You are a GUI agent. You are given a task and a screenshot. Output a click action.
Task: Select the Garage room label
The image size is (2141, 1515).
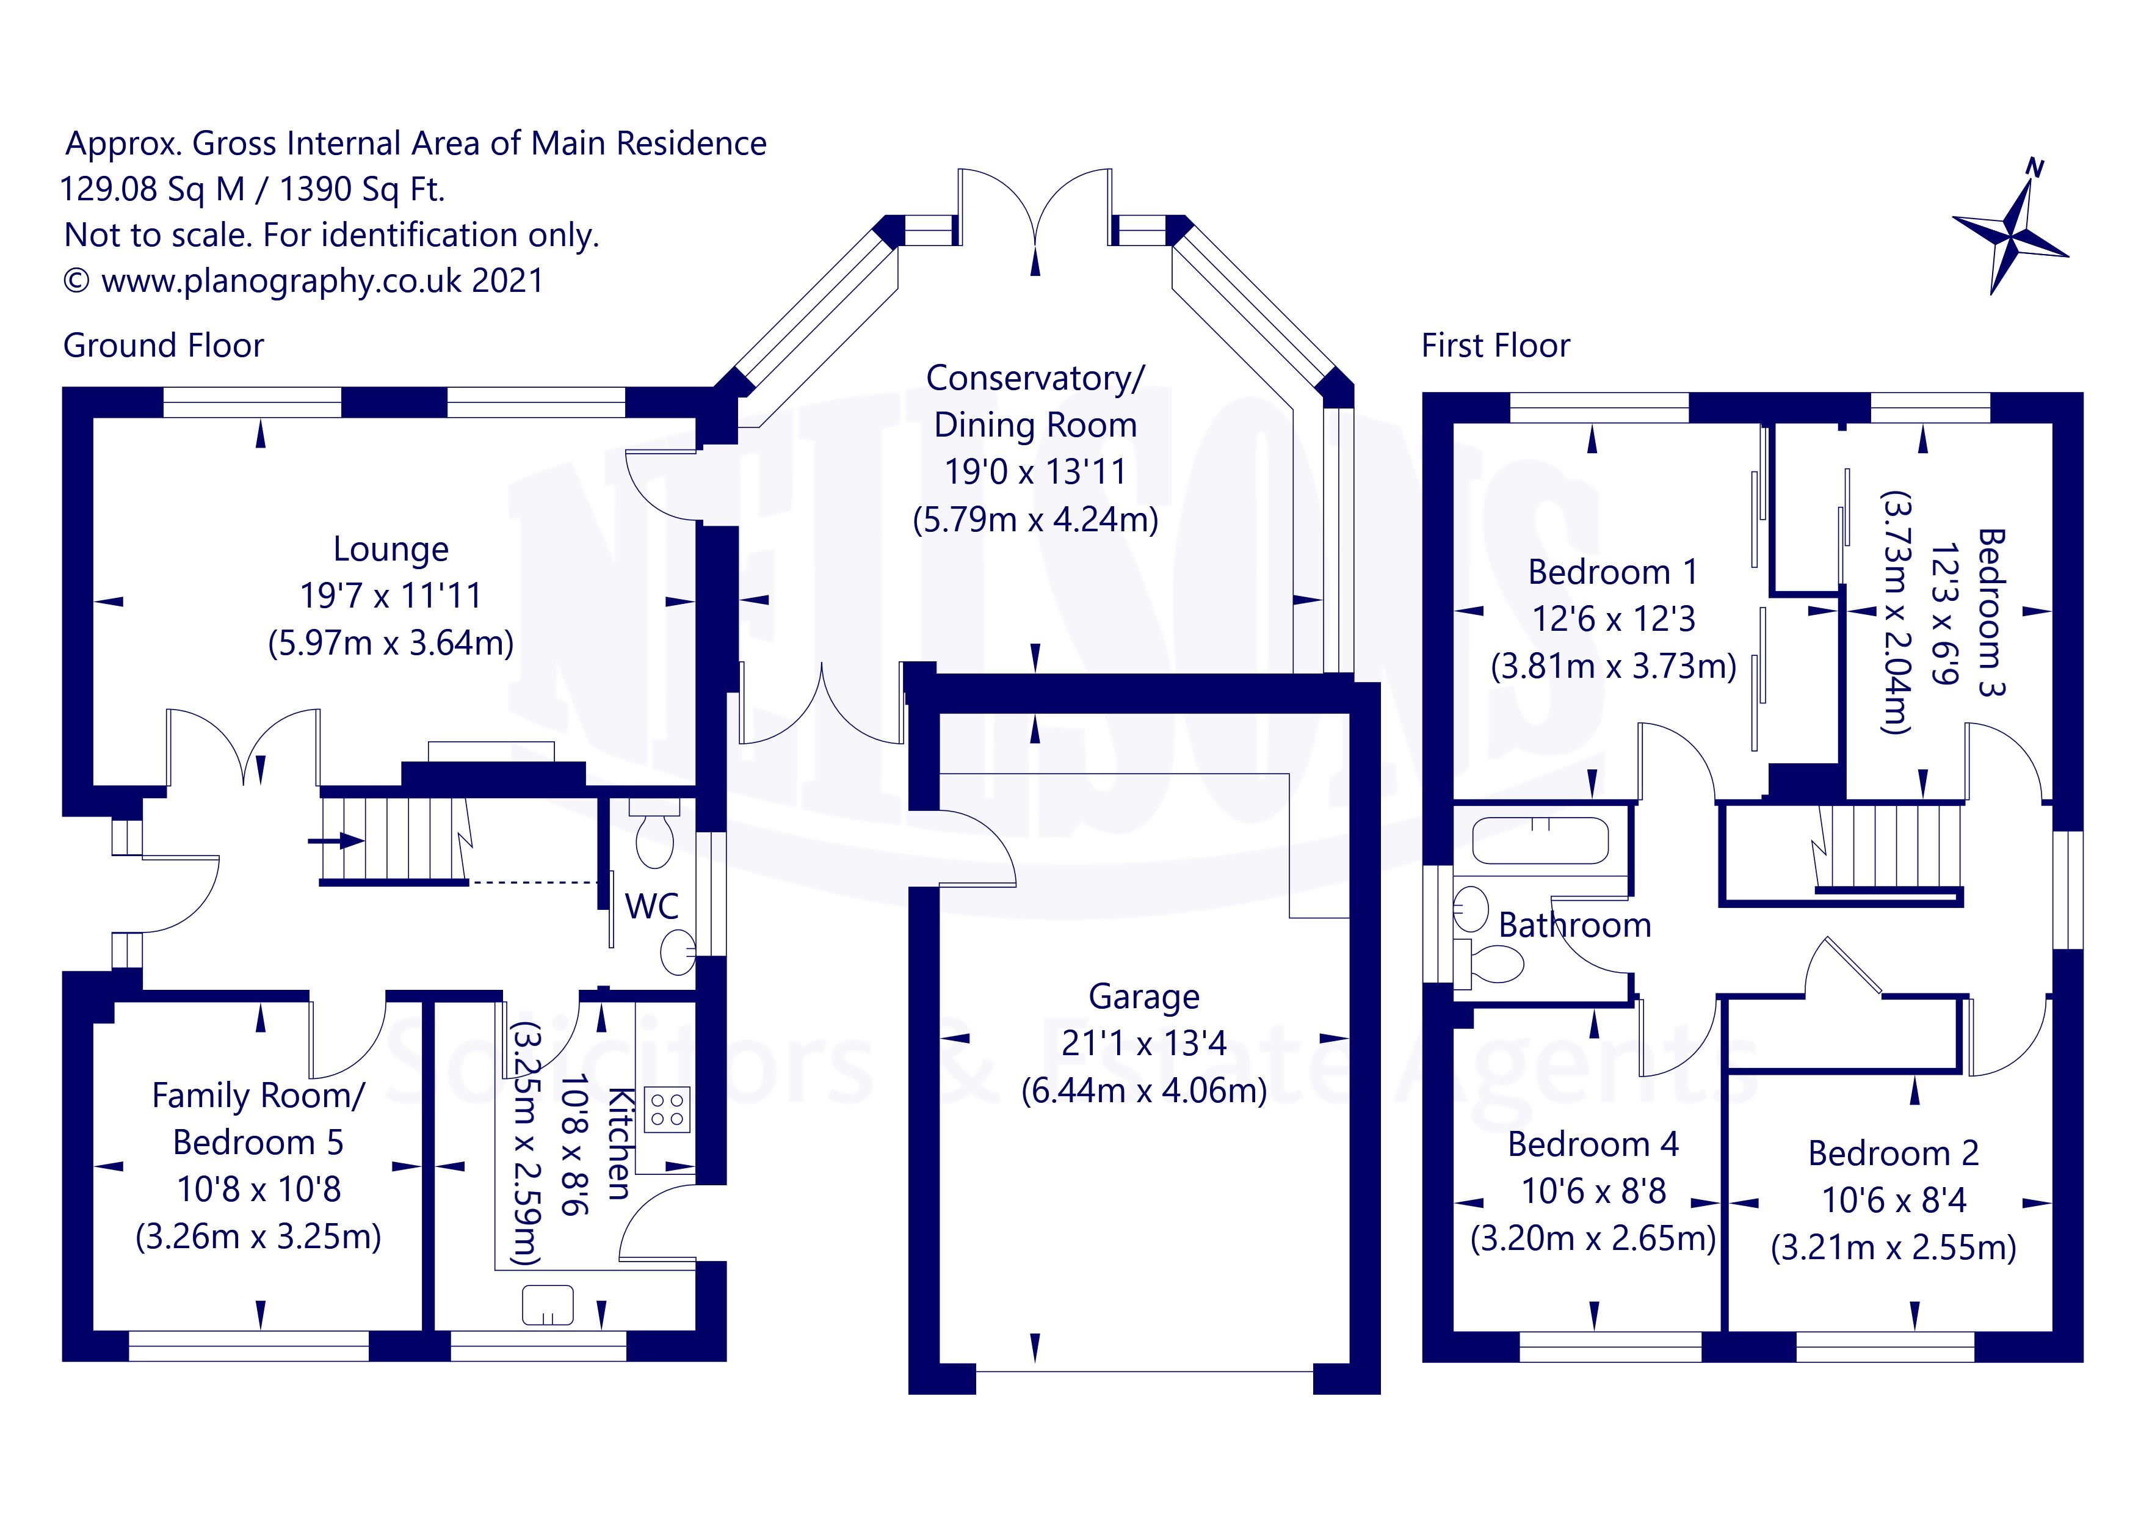tap(1144, 997)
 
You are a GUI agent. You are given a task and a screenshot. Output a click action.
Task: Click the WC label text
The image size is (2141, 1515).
tap(652, 906)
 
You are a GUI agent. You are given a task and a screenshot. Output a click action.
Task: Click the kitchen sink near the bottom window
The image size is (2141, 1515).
tap(548, 1304)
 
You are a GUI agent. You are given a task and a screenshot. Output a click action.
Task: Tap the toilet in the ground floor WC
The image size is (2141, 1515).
tap(654, 832)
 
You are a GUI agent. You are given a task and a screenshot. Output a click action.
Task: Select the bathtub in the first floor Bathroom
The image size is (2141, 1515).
tap(1540, 840)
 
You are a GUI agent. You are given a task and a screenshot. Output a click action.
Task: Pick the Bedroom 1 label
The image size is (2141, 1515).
tap(1612, 572)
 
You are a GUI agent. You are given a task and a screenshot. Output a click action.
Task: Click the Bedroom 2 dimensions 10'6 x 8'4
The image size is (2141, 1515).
tap(1894, 1200)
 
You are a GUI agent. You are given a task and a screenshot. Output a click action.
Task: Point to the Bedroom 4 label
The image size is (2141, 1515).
tap(1593, 1144)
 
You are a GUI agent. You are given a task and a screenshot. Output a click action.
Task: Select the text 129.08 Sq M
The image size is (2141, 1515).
tap(152, 189)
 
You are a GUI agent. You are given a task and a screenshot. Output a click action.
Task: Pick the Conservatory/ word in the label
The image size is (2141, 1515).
tap(1035, 378)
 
